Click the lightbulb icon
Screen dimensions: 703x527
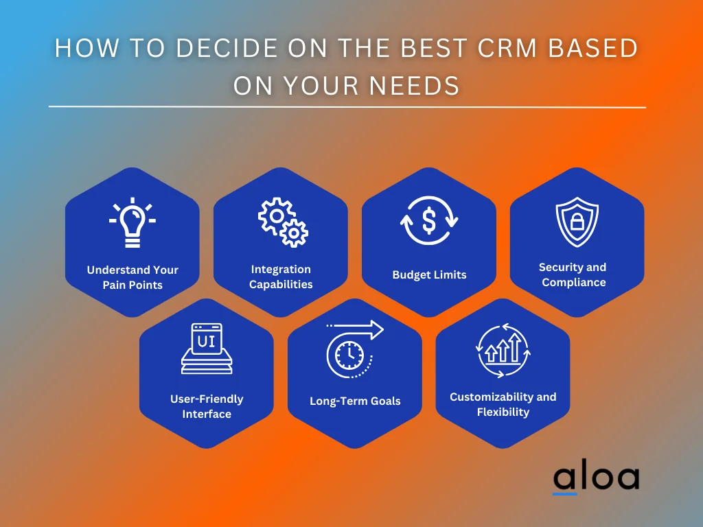pos(132,222)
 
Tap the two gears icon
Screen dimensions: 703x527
pos(283,222)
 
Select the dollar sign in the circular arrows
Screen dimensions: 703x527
pos(429,220)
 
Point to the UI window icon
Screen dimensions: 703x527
pos(207,348)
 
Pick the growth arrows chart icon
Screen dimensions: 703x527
pos(503,350)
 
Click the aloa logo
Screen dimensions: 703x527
pos(596,478)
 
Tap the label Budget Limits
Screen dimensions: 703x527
pos(429,274)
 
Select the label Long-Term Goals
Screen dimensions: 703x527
pos(355,401)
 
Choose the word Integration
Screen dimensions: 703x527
pos(281,269)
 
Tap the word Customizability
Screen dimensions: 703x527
pos(491,397)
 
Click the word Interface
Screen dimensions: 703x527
pos(207,414)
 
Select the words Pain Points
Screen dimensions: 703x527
pos(132,285)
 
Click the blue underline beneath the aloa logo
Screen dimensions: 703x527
pos(564,494)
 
